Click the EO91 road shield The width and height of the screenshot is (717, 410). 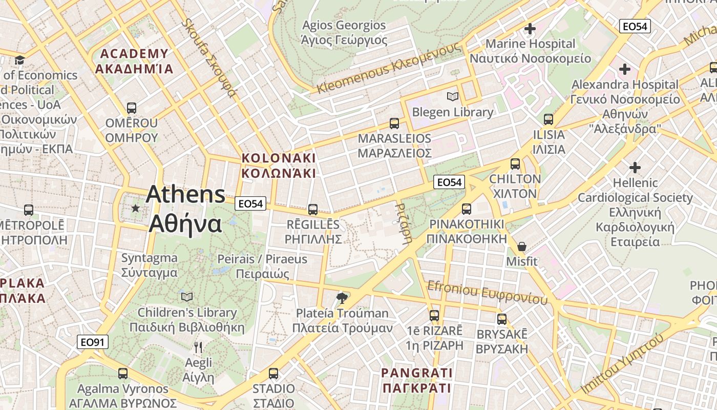pyautogui.click(x=93, y=342)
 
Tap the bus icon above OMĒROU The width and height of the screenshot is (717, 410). pyautogui.click(x=132, y=108)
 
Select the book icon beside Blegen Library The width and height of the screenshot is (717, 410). pyautogui.click(x=452, y=96)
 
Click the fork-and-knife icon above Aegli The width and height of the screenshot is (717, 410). pyautogui.click(x=198, y=347)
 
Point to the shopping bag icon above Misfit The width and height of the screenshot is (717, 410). pyautogui.click(x=521, y=247)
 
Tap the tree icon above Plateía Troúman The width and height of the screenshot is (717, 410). pyautogui.click(x=342, y=298)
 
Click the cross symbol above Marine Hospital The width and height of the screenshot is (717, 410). pyautogui.click(x=530, y=29)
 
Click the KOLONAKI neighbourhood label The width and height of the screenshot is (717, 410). pyautogui.click(x=279, y=158)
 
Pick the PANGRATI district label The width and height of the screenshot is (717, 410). pyautogui.click(x=417, y=373)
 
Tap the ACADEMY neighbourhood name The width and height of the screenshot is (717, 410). pyautogui.click(x=134, y=54)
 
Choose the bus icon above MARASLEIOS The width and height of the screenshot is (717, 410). pyautogui.click(x=394, y=123)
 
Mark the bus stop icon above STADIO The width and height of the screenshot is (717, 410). pyautogui.click(x=273, y=373)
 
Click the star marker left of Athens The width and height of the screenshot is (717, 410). pyautogui.click(x=135, y=208)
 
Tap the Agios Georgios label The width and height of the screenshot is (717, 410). pyautogui.click(x=344, y=25)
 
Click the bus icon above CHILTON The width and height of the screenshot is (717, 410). pyautogui.click(x=515, y=164)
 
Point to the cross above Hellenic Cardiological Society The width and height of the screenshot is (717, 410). pyautogui.click(x=635, y=167)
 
